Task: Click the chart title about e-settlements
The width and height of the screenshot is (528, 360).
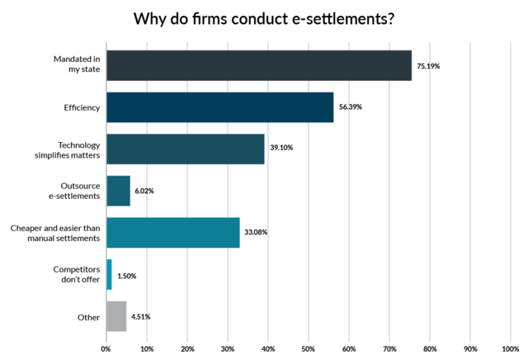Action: click(263, 18)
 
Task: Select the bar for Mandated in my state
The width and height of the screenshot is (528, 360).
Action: click(258, 65)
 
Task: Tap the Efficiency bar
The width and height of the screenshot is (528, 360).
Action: click(219, 107)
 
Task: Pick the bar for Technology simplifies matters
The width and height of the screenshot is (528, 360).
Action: click(185, 149)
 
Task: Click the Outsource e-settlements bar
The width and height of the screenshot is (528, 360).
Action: click(118, 191)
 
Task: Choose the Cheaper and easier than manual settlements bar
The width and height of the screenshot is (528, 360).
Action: click(172, 232)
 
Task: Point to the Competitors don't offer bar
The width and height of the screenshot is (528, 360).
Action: click(109, 274)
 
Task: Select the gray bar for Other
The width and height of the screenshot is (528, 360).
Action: click(116, 316)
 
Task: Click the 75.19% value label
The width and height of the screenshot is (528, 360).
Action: click(427, 65)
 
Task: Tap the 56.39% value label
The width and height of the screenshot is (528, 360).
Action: click(351, 107)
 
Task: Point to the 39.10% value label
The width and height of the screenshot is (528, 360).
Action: click(281, 149)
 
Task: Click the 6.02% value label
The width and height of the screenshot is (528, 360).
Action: click(144, 191)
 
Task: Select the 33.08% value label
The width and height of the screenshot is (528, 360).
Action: click(255, 233)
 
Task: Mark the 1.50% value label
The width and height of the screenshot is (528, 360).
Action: click(127, 274)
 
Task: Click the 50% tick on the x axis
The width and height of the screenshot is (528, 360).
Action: click(308, 350)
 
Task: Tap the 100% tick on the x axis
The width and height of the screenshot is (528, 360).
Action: click(509, 350)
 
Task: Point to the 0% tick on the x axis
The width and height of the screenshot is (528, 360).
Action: click(106, 350)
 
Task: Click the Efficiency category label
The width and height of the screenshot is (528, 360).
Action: click(82, 107)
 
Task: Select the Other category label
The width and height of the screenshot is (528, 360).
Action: click(90, 316)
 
